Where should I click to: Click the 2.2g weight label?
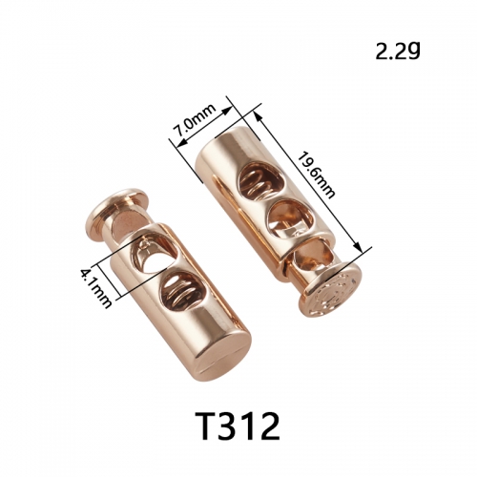[398, 52]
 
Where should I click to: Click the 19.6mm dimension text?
[316, 176]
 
